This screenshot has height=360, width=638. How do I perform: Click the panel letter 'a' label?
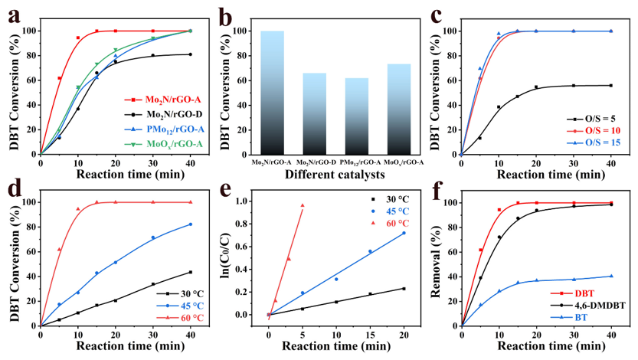click(14, 15)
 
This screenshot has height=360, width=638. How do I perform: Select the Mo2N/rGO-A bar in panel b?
click(272, 92)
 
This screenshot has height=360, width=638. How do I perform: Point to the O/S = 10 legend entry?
click(593, 132)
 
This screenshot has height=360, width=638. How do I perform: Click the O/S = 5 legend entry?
click(593, 119)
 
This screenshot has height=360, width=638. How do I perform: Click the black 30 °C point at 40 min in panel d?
click(191, 272)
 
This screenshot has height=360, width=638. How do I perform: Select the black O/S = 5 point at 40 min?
click(611, 85)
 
